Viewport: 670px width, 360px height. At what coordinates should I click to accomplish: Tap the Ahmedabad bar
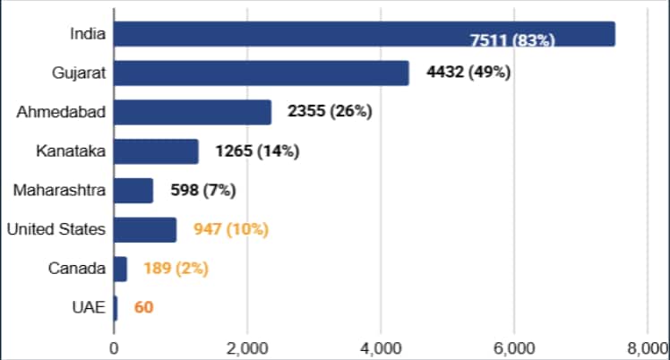click(192, 112)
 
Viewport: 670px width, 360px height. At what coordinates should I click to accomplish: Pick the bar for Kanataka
click(156, 151)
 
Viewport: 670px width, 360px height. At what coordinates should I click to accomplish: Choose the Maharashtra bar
click(133, 191)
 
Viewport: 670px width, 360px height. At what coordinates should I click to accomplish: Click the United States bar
click(145, 229)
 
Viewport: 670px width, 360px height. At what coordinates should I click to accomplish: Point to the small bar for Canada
click(121, 269)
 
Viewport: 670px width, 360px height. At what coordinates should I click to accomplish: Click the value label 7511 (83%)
click(512, 40)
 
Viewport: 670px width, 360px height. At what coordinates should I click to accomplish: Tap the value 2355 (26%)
click(330, 112)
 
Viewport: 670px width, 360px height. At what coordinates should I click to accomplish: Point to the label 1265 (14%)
click(257, 151)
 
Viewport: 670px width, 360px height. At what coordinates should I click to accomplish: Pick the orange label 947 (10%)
click(231, 229)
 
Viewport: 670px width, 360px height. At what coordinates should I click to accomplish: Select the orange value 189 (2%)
click(176, 269)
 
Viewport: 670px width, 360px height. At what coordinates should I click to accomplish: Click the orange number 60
click(143, 308)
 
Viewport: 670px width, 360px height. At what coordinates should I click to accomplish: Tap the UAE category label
click(89, 308)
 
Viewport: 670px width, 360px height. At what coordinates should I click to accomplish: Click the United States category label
click(56, 229)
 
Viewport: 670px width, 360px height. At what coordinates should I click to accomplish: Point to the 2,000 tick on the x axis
click(248, 347)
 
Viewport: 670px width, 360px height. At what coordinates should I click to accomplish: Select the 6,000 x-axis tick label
click(514, 347)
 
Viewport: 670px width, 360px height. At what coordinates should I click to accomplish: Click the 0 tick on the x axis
click(115, 347)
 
